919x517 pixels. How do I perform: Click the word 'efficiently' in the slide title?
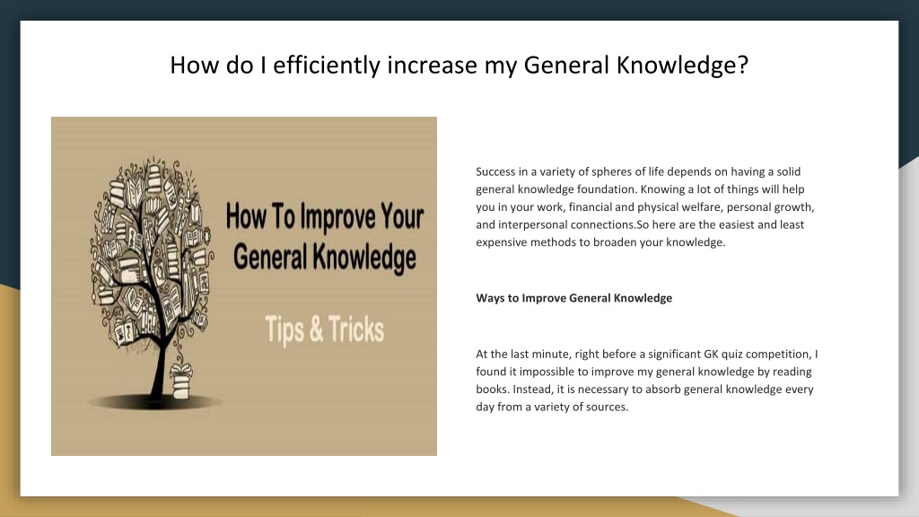(x=330, y=66)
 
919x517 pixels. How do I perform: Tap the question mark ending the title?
(x=743, y=66)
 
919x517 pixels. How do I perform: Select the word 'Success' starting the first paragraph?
(x=495, y=171)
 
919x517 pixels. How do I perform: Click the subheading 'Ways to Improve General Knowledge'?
(x=573, y=298)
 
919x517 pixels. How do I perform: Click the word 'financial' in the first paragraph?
(x=591, y=207)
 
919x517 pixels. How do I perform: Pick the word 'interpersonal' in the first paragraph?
(x=530, y=225)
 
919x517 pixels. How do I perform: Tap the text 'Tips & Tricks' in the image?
(x=324, y=330)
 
